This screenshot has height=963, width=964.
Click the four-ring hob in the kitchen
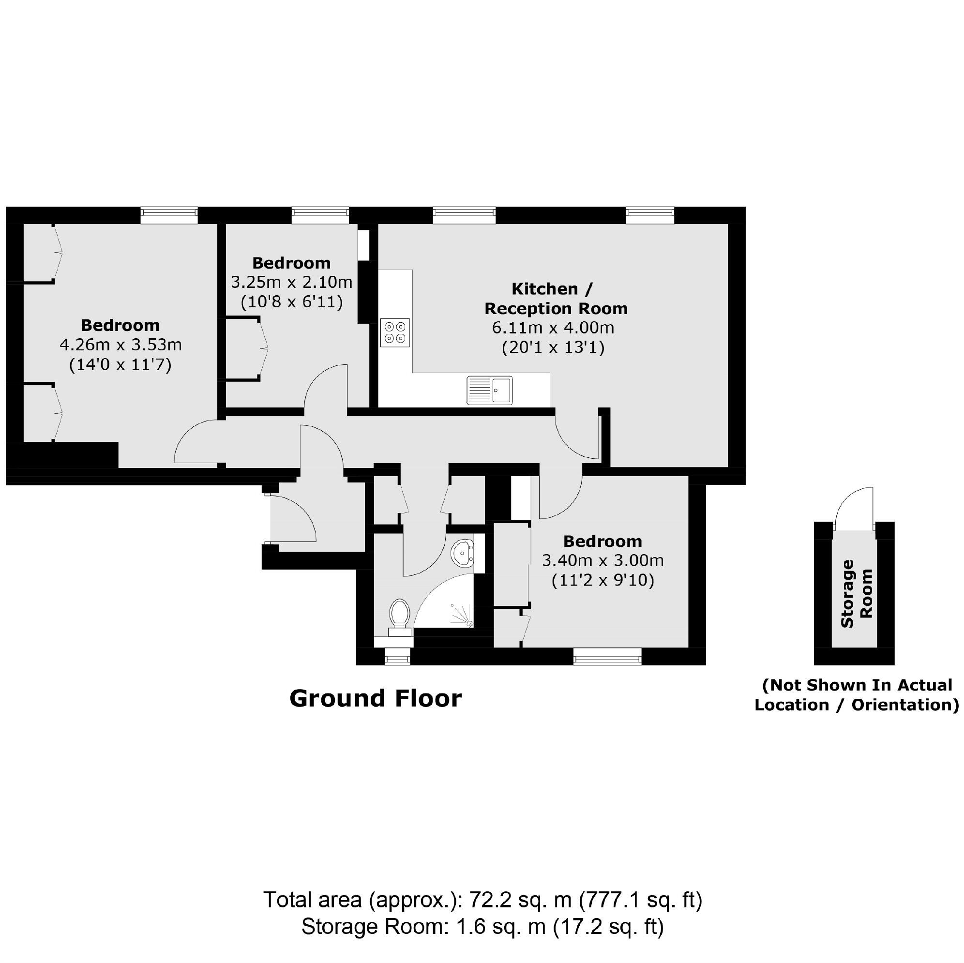(395, 332)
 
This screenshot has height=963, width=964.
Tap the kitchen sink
(489, 390)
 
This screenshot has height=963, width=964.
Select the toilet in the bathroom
(400, 616)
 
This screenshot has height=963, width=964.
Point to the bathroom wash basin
(464, 553)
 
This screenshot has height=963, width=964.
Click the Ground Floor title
(375, 699)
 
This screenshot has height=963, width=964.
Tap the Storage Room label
(856, 593)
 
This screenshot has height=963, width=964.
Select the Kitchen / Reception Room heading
(556, 299)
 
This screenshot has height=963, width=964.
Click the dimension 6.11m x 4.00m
(553, 328)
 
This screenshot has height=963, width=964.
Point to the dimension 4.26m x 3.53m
(120, 345)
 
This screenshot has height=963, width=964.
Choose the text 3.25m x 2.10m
(291, 283)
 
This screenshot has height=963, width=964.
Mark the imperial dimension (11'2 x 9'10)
(603, 580)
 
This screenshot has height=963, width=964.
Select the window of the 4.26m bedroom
(169, 215)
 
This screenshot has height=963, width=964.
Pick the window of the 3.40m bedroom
(607, 657)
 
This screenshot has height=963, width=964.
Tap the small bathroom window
(398, 657)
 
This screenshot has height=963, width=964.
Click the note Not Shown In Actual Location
(856, 695)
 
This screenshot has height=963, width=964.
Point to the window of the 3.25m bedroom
(320, 215)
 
